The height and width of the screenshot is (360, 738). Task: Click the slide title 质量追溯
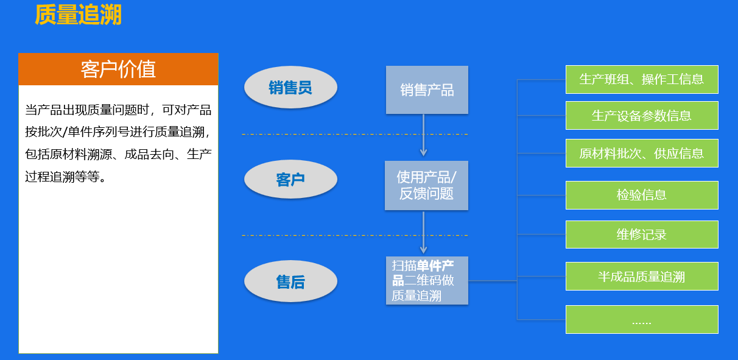78,15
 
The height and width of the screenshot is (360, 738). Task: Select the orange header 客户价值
118,69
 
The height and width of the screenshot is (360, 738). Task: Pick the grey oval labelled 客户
290,180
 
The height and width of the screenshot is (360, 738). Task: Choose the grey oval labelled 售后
290,282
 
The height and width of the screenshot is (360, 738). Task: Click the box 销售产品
427,90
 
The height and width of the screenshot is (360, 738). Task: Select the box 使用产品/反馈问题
426,185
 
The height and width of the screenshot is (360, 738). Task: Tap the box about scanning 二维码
427,281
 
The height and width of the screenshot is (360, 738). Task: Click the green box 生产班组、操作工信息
642,79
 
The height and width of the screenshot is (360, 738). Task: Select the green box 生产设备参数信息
642,115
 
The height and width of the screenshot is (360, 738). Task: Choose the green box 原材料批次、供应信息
642,153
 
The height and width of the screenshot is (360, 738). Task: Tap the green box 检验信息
642,195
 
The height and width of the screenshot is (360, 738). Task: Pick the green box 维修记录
642,235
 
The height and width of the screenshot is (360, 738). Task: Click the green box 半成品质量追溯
642,277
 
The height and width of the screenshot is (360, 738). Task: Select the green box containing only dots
642,320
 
